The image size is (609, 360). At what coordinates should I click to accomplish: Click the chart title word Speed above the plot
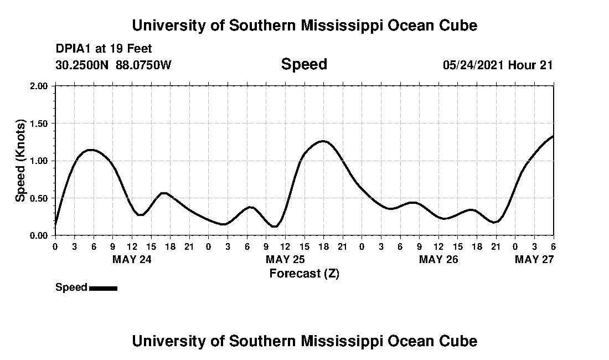coord(304,64)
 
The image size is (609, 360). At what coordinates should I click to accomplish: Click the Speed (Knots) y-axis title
coord(20,160)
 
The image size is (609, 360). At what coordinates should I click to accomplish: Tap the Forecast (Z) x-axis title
coord(304,273)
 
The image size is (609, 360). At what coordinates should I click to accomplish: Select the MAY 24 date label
coord(132,259)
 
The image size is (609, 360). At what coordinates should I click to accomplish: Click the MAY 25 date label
coord(285,259)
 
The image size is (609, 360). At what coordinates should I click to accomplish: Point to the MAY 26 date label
coord(438,259)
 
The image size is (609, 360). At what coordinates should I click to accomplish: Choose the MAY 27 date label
coord(534,259)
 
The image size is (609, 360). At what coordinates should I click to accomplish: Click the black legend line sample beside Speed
coord(103,288)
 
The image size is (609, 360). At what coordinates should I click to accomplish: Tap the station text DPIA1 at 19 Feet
coord(104,49)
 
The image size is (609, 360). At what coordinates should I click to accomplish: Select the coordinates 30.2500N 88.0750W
coord(113,65)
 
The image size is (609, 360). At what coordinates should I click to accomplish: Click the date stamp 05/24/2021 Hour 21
coord(498,65)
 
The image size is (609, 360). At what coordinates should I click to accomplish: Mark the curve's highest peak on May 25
coord(323,141)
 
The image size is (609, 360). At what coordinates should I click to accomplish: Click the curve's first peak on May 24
coord(91,150)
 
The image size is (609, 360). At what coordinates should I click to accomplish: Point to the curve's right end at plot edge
coord(553,136)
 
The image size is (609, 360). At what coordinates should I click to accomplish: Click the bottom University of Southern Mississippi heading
coord(304,341)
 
